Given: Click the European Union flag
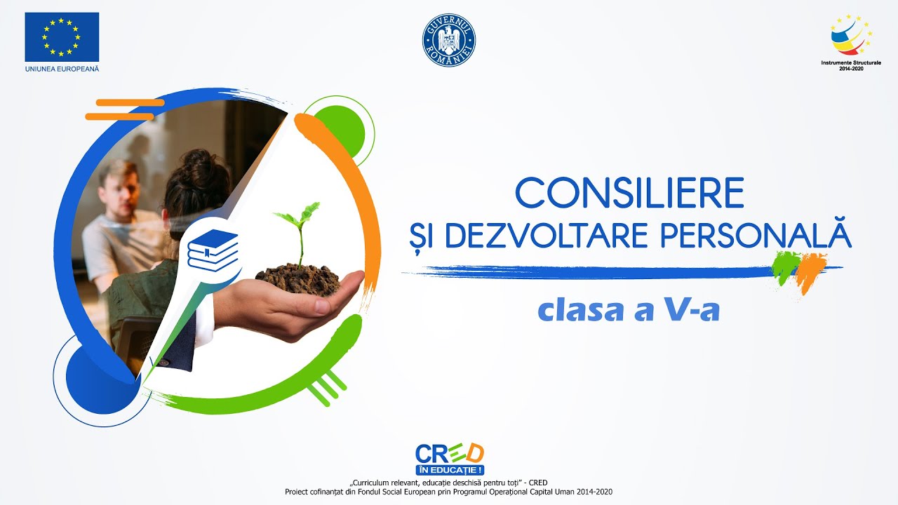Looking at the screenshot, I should click(x=62, y=36).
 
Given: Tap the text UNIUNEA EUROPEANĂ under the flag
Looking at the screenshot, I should click(x=62, y=69).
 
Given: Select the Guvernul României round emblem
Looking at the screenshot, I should click(x=449, y=41).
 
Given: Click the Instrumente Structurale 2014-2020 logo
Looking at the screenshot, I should click(x=851, y=42).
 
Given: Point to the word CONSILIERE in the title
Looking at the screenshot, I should click(x=629, y=193).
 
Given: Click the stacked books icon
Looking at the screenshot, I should click(x=213, y=250).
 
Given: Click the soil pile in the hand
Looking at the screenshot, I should click(x=298, y=278).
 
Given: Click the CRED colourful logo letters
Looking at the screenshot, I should click(x=449, y=453).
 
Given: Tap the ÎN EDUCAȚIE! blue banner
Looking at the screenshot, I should click(x=449, y=469).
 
